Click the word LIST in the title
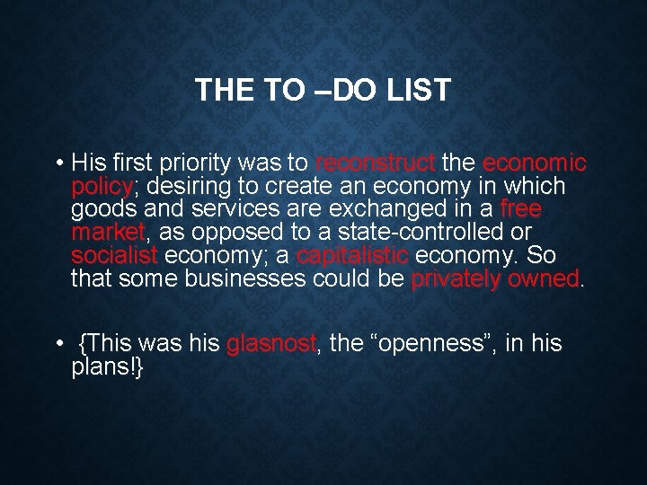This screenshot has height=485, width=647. tap(416, 91)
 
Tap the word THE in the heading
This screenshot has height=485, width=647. tap(219, 91)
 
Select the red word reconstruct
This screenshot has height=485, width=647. tap(376, 164)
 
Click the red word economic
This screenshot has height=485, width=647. tap(535, 164)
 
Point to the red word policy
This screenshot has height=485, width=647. tap(102, 188)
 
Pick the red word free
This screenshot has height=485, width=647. tap(520, 210)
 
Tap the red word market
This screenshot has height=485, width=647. tap(107, 233)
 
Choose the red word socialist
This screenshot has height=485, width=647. tap(114, 255)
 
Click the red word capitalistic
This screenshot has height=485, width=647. tap(352, 255)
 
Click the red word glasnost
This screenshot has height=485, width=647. tap(271, 344)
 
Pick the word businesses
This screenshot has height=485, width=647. tap(245, 278)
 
